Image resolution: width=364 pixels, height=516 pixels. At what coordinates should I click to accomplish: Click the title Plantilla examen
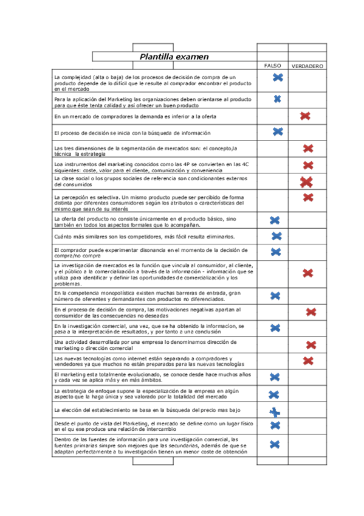(x=174, y=57)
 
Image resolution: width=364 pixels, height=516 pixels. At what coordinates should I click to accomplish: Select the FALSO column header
(x=272, y=65)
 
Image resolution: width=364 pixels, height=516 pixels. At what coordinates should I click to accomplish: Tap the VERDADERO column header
(x=307, y=66)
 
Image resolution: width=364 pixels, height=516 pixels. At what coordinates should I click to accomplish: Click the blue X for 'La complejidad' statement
(x=278, y=77)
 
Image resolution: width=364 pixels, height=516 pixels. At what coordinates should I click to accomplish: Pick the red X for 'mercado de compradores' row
(x=306, y=116)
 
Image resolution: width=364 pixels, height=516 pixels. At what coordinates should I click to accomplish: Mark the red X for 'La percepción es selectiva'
(x=308, y=197)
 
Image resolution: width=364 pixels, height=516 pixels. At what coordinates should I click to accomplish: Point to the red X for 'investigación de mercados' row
(x=308, y=274)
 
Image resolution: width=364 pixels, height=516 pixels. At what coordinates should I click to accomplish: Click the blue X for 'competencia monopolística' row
(x=275, y=296)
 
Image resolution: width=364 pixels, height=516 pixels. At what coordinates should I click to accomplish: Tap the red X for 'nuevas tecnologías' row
(x=308, y=361)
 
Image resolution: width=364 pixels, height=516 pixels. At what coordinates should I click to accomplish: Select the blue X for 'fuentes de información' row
(x=275, y=445)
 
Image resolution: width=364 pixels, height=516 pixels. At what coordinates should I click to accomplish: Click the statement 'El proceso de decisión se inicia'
(x=132, y=133)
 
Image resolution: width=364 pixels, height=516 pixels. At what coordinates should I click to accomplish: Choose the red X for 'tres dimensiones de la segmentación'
(x=308, y=148)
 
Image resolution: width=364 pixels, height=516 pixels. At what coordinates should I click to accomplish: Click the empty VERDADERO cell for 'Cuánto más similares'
(x=307, y=236)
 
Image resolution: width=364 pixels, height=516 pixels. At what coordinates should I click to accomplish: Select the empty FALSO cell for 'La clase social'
(x=272, y=181)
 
